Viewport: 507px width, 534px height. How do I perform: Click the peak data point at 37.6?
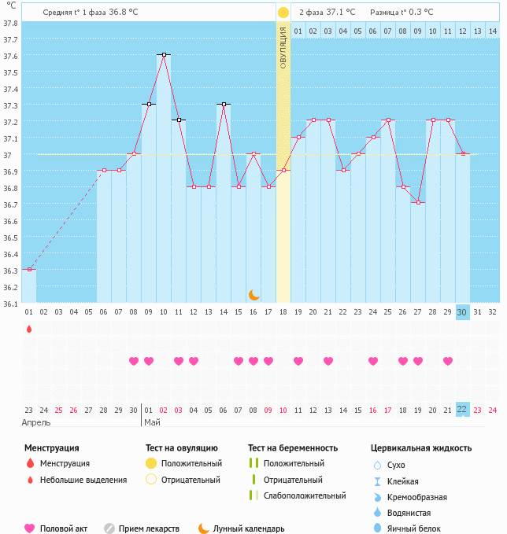coord(164,54)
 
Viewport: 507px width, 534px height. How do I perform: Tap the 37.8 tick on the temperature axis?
coord(11,24)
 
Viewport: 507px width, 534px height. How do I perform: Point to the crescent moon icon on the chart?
coord(253,295)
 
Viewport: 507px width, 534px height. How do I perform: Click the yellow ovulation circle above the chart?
coord(283,13)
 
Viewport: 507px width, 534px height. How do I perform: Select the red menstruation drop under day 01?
coord(29,329)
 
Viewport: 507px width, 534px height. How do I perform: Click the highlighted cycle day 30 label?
coord(462,312)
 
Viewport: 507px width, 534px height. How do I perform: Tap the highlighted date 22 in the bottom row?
coord(462,410)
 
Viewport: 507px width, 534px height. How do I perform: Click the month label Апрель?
coord(36,422)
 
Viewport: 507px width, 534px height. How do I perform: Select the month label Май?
coord(152,422)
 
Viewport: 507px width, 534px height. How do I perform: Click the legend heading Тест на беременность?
coord(292,448)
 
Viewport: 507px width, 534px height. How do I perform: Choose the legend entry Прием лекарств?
coord(149,529)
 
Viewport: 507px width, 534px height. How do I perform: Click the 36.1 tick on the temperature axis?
coord(11,303)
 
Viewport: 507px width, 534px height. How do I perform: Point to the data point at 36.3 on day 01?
coord(29,270)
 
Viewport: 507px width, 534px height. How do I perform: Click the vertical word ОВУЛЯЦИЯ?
coord(283,47)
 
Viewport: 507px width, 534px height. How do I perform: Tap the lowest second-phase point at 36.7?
coord(418,203)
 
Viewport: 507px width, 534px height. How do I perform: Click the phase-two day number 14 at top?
coord(492,31)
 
